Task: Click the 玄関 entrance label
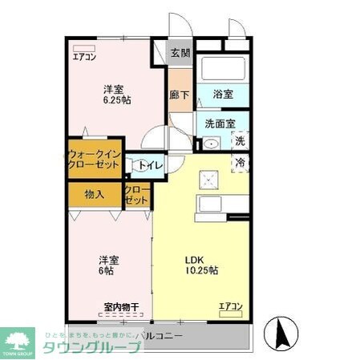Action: [180, 54]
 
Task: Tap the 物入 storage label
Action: [94, 194]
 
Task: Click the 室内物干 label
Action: [122, 307]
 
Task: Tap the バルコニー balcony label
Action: [160, 335]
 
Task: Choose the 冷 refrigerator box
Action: [240, 163]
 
